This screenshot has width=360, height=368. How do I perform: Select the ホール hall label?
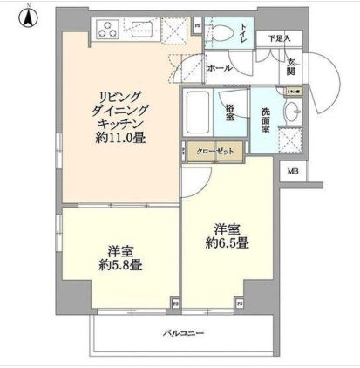point(218,65)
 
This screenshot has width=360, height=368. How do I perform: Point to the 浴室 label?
point(230,111)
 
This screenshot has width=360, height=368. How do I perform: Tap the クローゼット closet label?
point(214,152)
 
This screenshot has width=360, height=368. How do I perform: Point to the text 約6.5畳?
point(228,243)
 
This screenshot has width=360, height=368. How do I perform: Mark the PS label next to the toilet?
point(197,26)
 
